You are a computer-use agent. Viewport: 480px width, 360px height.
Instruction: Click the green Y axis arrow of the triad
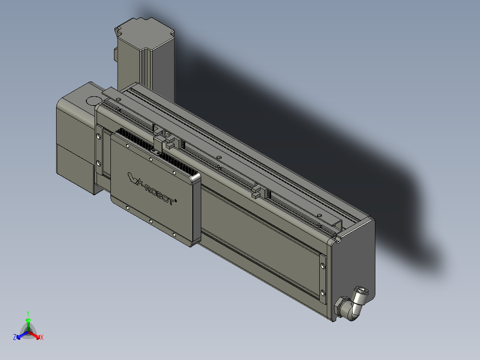pyautogui.click(x=28, y=320)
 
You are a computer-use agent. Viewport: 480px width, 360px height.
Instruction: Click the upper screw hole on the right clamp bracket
pyautogui.click(x=323, y=266)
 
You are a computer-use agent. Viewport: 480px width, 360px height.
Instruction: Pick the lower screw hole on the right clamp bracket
pyautogui.click(x=323, y=293)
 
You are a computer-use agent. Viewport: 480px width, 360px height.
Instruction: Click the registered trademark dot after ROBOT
pyautogui.click(x=176, y=201)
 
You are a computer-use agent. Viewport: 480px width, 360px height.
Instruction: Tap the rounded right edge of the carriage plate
pyautogui.click(x=196, y=209)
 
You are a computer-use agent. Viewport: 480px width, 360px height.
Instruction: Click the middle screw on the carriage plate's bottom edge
pyautogui.click(x=151, y=221)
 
